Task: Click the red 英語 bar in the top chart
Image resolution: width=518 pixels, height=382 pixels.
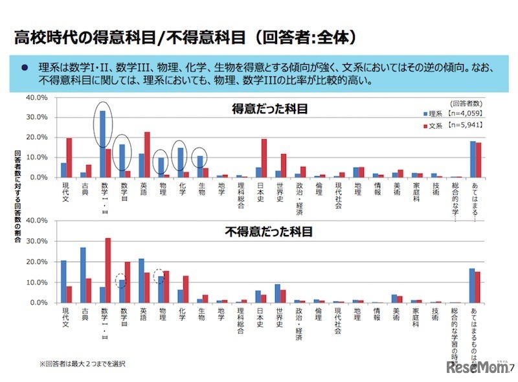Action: click(x=148, y=155)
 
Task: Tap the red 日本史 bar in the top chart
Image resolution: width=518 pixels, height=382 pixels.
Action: click(x=264, y=158)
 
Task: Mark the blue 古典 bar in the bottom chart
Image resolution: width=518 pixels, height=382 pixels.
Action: click(x=83, y=275)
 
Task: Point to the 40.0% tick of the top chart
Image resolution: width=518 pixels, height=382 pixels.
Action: click(x=38, y=97)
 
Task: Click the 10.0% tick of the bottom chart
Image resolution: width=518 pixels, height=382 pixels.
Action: click(x=38, y=282)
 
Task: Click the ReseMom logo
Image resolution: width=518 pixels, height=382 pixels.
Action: click(x=477, y=367)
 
